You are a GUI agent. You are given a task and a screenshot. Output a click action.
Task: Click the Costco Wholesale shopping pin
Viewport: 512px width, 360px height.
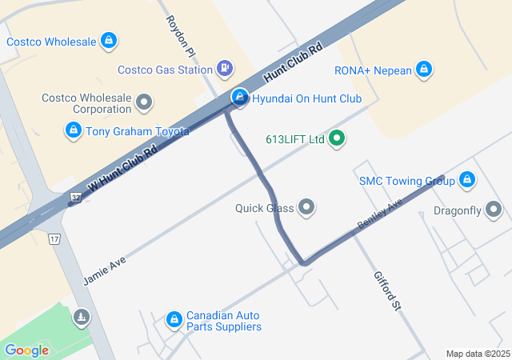(x=109, y=40)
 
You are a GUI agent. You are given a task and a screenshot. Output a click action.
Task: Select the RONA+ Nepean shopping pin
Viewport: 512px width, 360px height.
(x=425, y=70)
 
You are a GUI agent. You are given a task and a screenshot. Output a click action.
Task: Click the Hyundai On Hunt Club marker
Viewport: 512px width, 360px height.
(x=239, y=98)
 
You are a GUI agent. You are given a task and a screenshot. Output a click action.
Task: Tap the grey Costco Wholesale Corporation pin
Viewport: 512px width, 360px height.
(x=144, y=102)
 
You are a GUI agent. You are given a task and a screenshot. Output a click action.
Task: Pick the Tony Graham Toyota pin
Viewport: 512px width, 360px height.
(x=74, y=130)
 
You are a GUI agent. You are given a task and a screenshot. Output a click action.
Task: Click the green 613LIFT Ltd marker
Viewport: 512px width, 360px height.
(x=337, y=138)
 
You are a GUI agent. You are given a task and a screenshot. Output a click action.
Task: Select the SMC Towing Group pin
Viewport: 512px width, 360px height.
(x=467, y=181)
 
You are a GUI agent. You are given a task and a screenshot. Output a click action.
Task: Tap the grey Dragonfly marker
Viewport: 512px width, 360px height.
(x=494, y=210)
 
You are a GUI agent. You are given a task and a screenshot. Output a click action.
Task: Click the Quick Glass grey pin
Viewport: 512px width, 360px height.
(x=306, y=208)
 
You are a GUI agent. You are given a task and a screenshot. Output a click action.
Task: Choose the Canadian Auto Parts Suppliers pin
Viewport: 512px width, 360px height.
(x=174, y=320)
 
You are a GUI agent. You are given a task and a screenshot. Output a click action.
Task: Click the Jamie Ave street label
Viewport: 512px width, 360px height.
(x=104, y=270)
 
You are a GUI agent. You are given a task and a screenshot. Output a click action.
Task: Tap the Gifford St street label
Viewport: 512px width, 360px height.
(x=386, y=290)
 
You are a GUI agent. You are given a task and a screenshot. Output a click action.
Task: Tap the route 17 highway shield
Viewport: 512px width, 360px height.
(x=54, y=238)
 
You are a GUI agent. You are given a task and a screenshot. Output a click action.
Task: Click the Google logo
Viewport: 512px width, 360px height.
(x=26, y=350)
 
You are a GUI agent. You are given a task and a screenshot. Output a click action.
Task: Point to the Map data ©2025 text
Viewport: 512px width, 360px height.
(x=477, y=354)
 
